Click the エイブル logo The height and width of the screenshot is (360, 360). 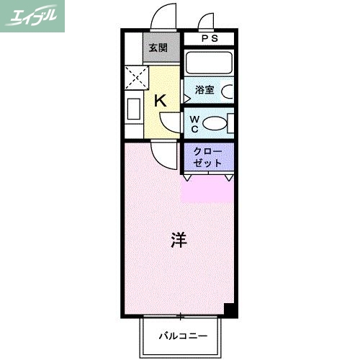32,16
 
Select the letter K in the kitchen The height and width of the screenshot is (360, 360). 161,101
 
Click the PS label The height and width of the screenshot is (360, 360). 208,39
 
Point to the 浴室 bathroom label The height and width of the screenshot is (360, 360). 204,91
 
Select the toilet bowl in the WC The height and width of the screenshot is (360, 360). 215,124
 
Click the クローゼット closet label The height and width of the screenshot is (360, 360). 207,157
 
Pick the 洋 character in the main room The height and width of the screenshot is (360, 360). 179,240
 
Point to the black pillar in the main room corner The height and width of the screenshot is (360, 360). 229,310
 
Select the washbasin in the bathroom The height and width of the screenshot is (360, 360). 226,91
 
